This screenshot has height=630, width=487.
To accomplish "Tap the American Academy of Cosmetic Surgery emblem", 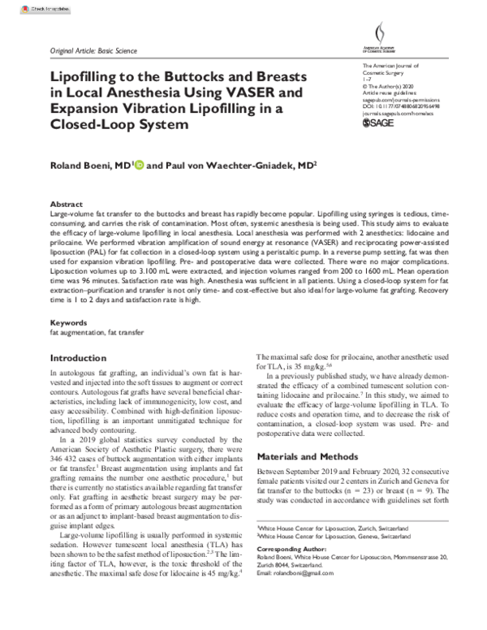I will [381, 37].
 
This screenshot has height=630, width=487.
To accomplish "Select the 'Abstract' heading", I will [67, 205].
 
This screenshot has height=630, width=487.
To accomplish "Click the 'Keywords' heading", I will [68, 323].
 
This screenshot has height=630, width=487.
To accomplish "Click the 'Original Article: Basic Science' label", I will [93, 50].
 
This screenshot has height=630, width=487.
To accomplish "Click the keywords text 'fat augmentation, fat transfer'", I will [91, 333].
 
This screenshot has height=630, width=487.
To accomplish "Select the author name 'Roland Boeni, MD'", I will [86, 166].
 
